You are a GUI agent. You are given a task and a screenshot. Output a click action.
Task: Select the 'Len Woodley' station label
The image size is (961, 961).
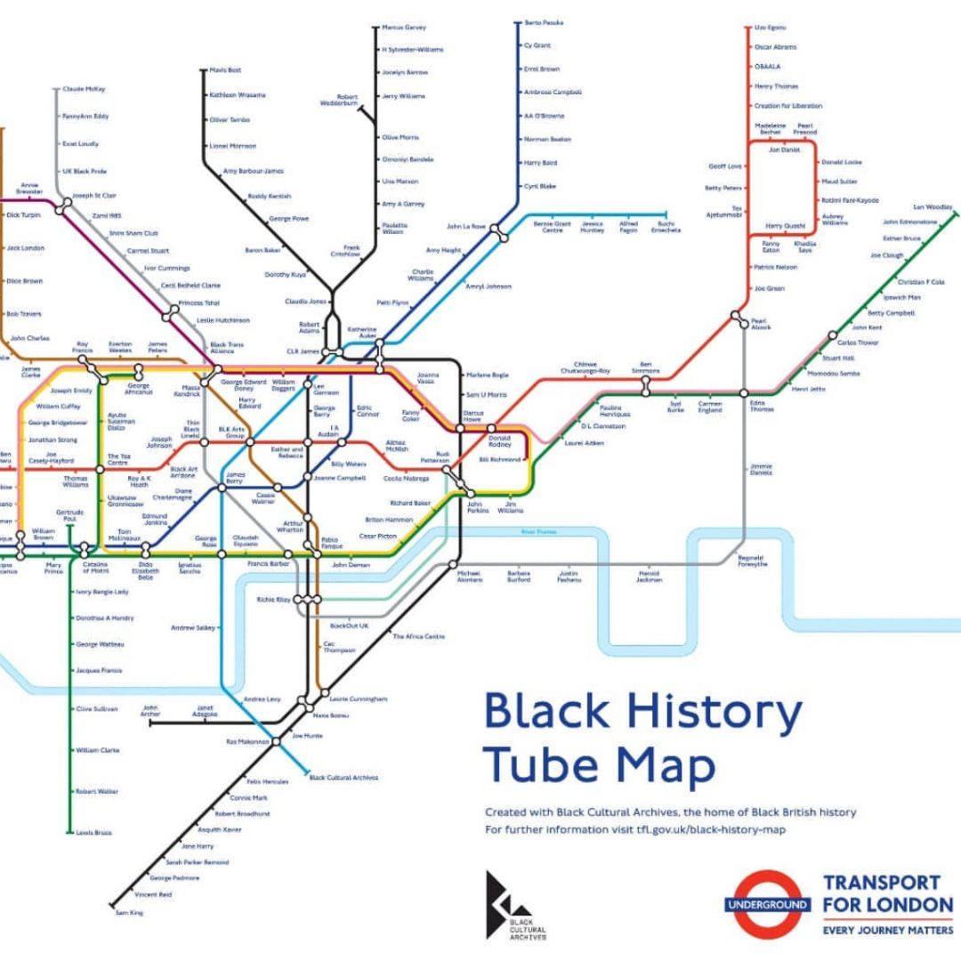click(933, 207)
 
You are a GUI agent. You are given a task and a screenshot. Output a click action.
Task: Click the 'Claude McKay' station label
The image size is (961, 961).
click(84, 89)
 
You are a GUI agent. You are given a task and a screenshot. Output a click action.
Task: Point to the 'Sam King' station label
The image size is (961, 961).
click(129, 913)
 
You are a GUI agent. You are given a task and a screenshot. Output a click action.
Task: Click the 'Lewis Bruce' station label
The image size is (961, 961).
click(93, 832)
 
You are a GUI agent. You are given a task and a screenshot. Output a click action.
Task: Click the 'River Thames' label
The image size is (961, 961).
click(538, 532)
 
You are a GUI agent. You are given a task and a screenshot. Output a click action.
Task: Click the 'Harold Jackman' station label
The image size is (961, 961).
click(650, 577)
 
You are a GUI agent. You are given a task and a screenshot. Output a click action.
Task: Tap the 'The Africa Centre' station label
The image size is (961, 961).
click(419, 636)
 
